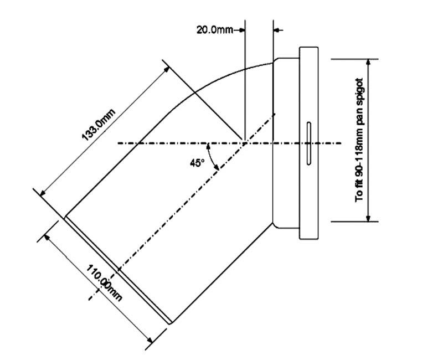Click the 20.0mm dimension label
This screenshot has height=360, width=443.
(x=215, y=30)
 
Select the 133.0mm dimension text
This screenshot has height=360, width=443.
(x=99, y=125)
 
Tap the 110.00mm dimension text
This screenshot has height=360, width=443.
(x=104, y=283)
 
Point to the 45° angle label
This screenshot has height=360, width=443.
(x=197, y=163)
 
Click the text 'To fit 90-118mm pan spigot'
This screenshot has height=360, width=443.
(x=359, y=140)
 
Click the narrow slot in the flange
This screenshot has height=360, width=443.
(x=309, y=143)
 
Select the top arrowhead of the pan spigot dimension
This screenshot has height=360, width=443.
(x=368, y=62)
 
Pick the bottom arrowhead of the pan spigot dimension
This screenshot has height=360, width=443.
(x=368, y=218)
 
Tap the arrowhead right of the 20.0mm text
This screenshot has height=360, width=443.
(x=241, y=30)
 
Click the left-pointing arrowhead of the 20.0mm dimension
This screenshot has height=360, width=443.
(x=277, y=30)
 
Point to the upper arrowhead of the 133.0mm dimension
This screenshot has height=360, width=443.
(x=167, y=69)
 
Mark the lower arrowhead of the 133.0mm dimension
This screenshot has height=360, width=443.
(x=43, y=193)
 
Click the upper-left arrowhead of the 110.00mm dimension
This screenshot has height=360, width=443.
(x=47, y=238)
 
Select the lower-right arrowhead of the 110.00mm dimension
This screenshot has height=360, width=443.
(x=150, y=340)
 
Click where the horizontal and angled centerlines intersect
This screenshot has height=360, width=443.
(x=245, y=143)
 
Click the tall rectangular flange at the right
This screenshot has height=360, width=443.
(x=309, y=143)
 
